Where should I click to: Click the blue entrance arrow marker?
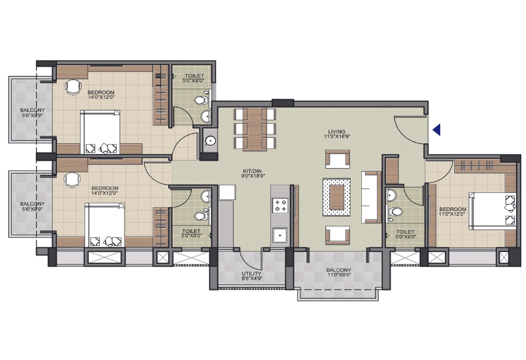[x=437, y=130]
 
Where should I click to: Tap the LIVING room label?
[x=337, y=131]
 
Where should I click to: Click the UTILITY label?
[x=251, y=274]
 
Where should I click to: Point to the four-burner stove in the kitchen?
[x=280, y=205]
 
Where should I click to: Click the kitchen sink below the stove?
[x=279, y=235]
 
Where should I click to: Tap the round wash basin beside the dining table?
[x=210, y=141]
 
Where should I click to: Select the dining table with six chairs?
[x=255, y=129]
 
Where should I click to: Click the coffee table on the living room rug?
[x=337, y=197]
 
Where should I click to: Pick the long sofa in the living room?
[x=371, y=197]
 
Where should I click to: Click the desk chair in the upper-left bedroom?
[x=73, y=87]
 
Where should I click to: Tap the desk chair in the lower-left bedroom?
[x=72, y=180]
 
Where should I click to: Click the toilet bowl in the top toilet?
[x=201, y=100]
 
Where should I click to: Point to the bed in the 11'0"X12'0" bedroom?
[x=493, y=211]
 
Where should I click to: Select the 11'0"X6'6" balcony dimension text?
[x=339, y=275]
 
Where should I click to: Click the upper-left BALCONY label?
[x=32, y=110]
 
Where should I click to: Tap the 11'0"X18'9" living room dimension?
[x=337, y=137]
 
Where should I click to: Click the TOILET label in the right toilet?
[x=405, y=232]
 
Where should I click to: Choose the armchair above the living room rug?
[x=338, y=159]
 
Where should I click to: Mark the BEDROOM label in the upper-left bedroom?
[x=101, y=92]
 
